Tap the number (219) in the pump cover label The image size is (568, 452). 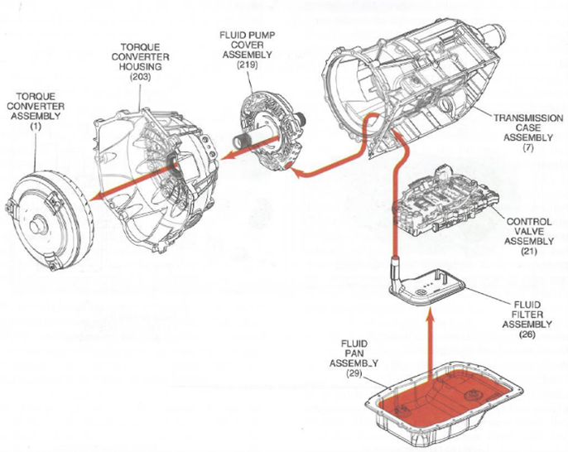[247, 64]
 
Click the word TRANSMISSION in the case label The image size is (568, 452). [528, 118]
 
